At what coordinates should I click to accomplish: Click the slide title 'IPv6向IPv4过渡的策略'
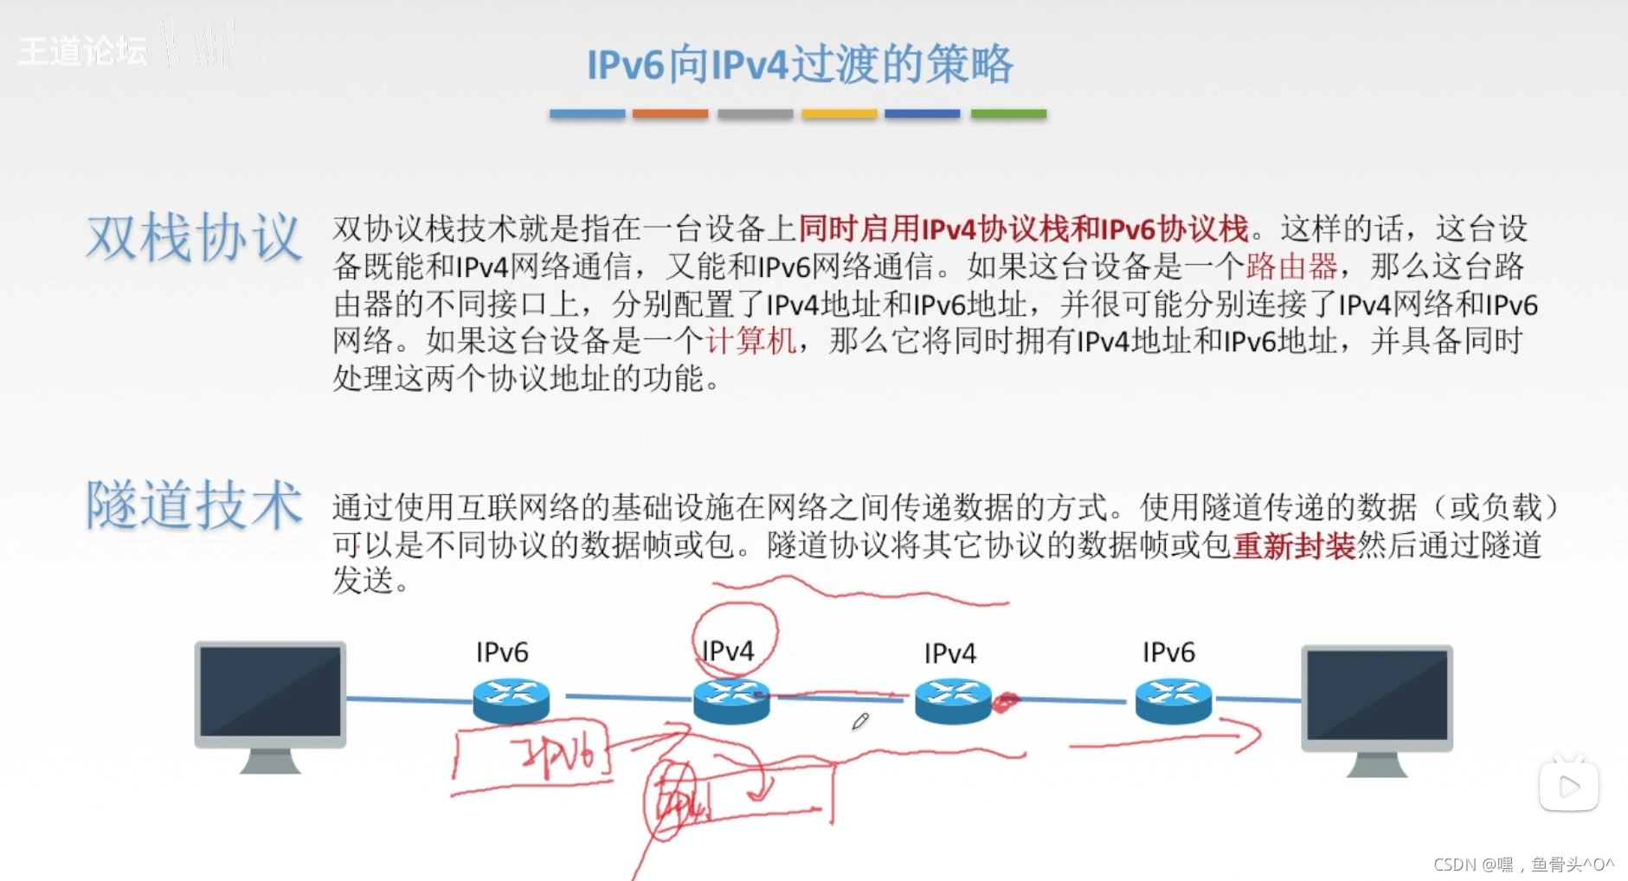click(x=800, y=64)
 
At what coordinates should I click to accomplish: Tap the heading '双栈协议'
click(x=194, y=237)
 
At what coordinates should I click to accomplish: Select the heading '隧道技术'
click(x=194, y=505)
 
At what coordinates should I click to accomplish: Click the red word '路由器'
click(x=1291, y=267)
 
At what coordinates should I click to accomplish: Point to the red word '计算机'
click(x=750, y=341)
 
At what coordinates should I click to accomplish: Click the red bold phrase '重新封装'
click(x=1293, y=546)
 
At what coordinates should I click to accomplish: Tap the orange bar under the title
click(x=670, y=113)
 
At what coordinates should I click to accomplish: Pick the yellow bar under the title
click(x=839, y=113)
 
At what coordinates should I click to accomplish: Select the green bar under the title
click(x=1008, y=113)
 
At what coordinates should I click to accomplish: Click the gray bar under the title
click(x=755, y=113)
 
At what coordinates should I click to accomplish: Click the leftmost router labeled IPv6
click(x=511, y=699)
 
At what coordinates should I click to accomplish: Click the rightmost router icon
click(x=1173, y=699)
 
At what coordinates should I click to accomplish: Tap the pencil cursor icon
click(x=859, y=721)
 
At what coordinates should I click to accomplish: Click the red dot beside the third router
click(x=1006, y=702)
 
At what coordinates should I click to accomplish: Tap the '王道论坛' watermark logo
click(x=83, y=51)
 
